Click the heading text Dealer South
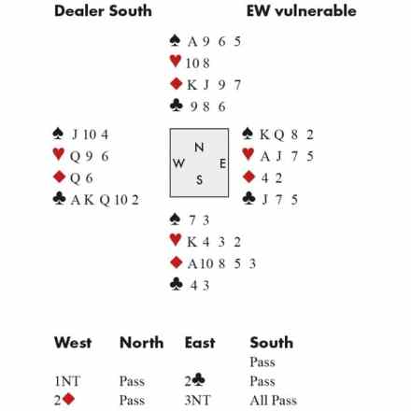point(103,11)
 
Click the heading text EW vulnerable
point(302,11)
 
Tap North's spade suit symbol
point(175,41)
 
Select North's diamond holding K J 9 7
point(214,85)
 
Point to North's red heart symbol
point(176,61)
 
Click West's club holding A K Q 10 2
point(105,200)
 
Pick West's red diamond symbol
point(59,177)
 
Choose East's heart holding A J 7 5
point(287,156)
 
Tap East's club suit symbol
point(248,198)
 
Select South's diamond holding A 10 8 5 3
point(221,264)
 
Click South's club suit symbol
point(176,284)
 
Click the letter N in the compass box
point(199,147)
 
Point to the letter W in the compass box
point(178,163)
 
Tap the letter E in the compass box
point(222,163)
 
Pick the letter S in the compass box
point(199,180)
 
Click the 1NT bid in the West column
point(67,381)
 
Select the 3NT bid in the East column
point(198,401)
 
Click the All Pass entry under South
point(274,401)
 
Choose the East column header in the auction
point(200,343)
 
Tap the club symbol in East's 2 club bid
point(199,380)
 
